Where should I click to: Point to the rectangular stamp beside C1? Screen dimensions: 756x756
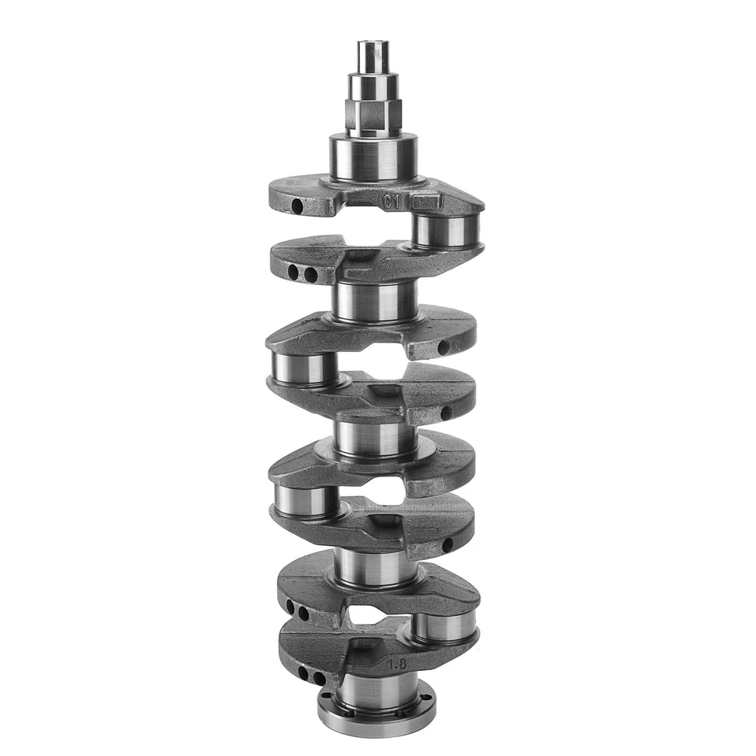tap(428, 202)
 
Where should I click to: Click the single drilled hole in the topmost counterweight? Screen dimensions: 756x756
tap(297, 206)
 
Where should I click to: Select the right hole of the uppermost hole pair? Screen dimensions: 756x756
tap(310, 274)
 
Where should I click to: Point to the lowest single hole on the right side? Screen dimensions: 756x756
tap(447, 544)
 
